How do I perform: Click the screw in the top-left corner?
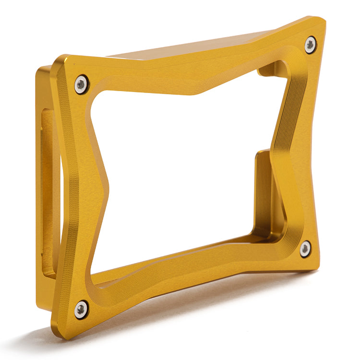click(x=82, y=84)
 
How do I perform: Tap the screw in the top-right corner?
click(x=311, y=45)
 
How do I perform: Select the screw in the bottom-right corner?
click(x=305, y=249)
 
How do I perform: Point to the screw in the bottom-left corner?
click(x=81, y=309)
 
